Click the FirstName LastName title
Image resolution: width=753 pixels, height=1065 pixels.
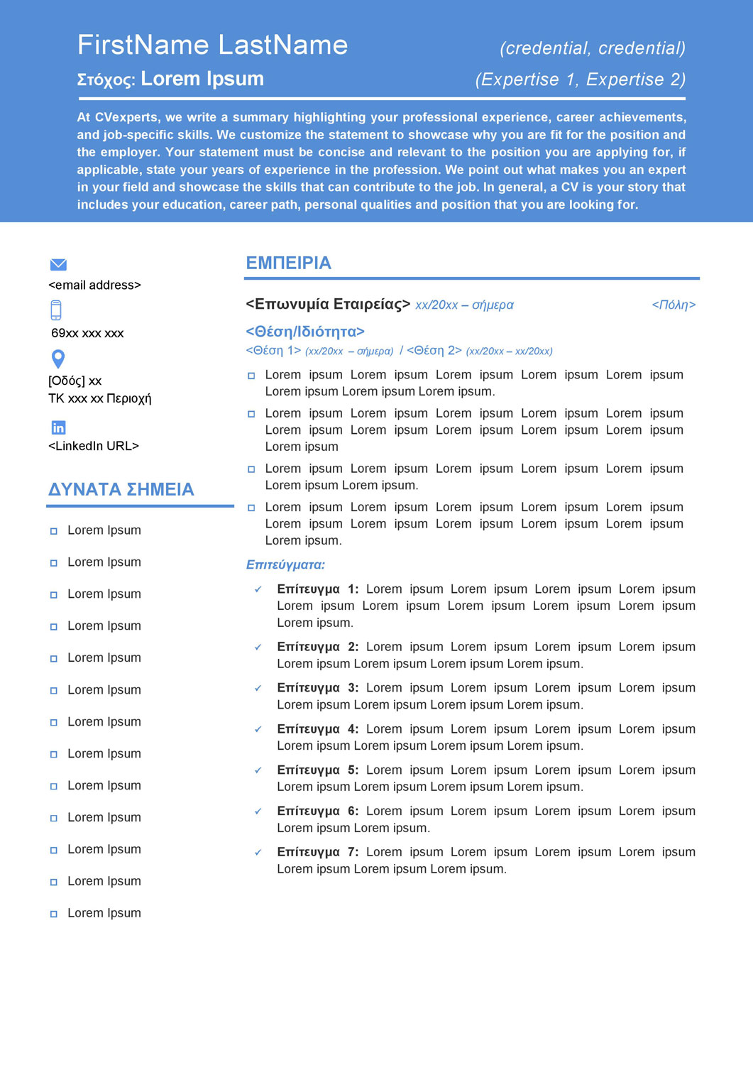tap(212, 45)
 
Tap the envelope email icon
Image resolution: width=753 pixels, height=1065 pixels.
tap(58, 265)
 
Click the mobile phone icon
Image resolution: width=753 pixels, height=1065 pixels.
tap(56, 310)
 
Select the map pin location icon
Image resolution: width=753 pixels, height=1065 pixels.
tap(58, 359)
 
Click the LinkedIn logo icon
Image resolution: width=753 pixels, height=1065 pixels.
tap(58, 427)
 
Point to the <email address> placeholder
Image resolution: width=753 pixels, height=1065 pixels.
tap(94, 285)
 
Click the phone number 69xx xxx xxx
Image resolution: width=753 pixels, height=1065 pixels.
tap(87, 333)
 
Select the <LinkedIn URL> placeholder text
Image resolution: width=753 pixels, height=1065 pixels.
tap(94, 446)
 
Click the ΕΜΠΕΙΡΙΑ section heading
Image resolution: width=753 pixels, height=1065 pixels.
tap(288, 263)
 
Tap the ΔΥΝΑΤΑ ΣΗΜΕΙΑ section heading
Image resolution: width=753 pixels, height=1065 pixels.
tap(121, 489)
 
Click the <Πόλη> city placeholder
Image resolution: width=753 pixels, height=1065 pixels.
tap(674, 305)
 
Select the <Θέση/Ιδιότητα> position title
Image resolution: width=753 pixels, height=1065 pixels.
tap(305, 332)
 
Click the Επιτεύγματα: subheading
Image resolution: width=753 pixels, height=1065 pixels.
tap(285, 565)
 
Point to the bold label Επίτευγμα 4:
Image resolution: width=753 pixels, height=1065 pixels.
tap(317, 729)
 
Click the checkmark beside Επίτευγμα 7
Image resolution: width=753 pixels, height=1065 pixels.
tap(258, 853)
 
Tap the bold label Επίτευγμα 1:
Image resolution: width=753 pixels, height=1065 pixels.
tap(317, 589)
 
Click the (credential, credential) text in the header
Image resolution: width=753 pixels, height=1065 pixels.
tap(593, 48)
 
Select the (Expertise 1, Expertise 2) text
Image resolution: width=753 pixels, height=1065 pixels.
tap(581, 80)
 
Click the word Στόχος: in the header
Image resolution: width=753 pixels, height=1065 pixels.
tap(106, 80)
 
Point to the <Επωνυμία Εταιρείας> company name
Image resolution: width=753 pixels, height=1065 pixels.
tap(327, 305)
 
